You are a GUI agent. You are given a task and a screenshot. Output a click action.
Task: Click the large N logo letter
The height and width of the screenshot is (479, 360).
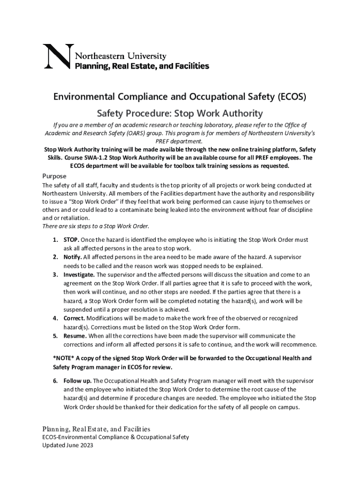click(x=57, y=57)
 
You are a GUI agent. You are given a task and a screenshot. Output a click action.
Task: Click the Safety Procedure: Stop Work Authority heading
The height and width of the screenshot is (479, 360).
click(x=180, y=113)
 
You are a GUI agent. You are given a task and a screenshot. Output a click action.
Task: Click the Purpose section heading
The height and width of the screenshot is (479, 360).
click(x=54, y=176)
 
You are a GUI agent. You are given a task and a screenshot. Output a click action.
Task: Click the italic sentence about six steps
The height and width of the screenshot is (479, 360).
click(x=96, y=226)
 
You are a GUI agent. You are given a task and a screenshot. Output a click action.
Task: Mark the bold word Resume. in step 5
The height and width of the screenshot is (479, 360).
click(x=75, y=336)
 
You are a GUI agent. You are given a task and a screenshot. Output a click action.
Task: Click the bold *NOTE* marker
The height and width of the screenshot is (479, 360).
click(x=64, y=358)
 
